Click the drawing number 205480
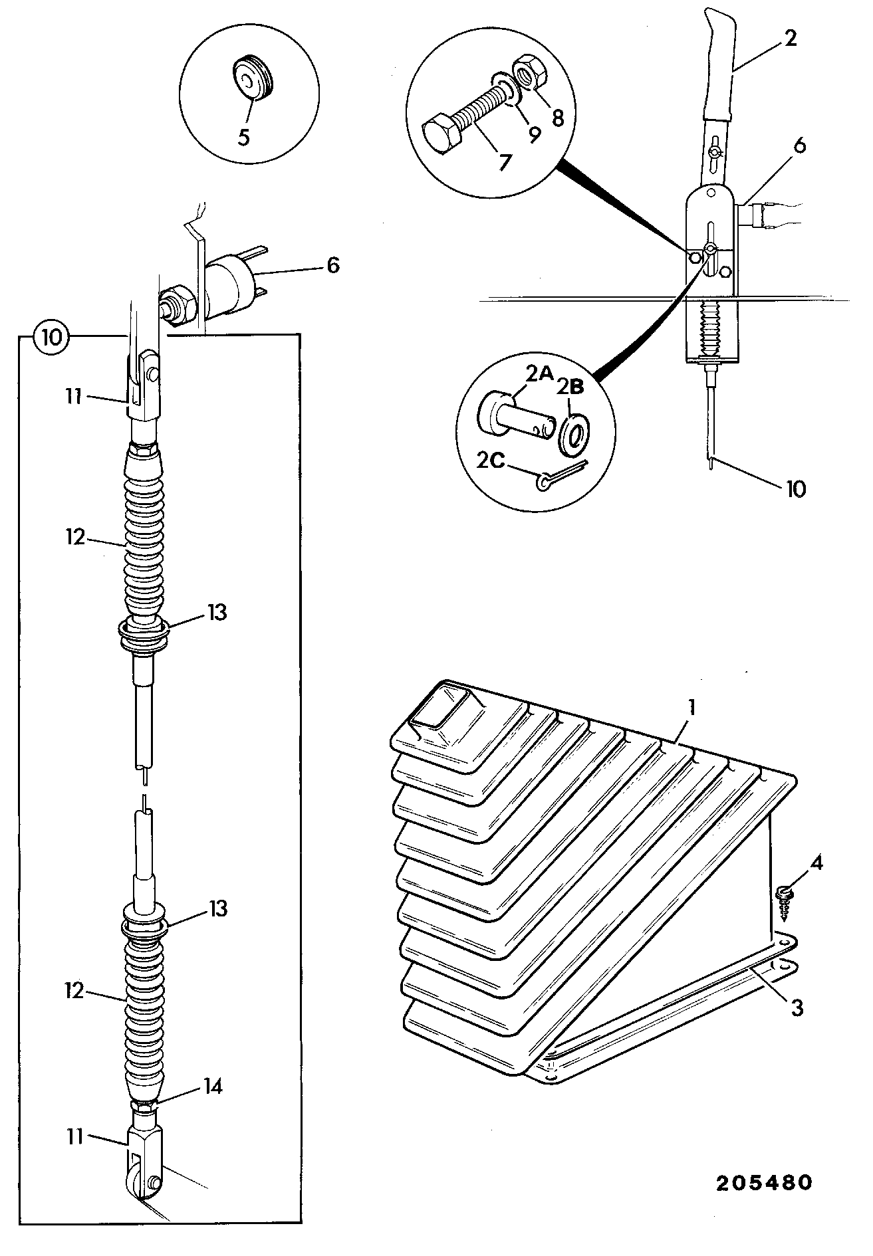(x=764, y=1184)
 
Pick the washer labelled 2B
(x=574, y=437)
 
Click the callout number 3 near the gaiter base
(x=796, y=1008)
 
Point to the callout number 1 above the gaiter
(x=691, y=707)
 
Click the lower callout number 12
(x=75, y=992)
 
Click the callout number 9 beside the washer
(x=535, y=134)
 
